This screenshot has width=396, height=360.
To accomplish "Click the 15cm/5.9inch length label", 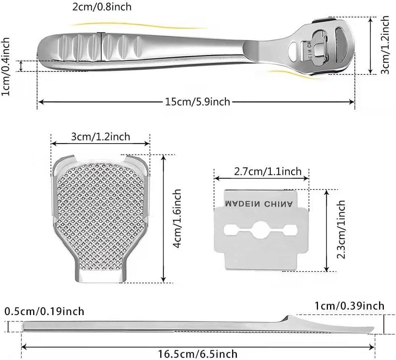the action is [x=197, y=102].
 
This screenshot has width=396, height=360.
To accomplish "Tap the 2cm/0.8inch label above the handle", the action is [x=102, y=7].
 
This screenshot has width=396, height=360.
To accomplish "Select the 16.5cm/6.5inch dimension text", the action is [x=198, y=354].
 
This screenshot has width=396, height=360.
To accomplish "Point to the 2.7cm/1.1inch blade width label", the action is [x=268, y=172].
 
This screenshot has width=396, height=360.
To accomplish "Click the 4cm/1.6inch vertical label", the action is [x=177, y=219].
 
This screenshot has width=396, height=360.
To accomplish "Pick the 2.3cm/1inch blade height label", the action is [x=341, y=230].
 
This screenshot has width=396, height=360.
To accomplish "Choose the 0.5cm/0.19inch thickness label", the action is [x=45, y=311].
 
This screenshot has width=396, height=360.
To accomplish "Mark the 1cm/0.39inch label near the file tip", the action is [x=349, y=306].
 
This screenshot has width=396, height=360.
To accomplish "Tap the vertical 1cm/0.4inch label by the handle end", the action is [x=5, y=67].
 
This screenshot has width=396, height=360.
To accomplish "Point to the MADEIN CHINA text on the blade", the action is [x=259, y=204].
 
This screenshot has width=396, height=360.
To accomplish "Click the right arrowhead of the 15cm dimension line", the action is [x=352, y=102].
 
